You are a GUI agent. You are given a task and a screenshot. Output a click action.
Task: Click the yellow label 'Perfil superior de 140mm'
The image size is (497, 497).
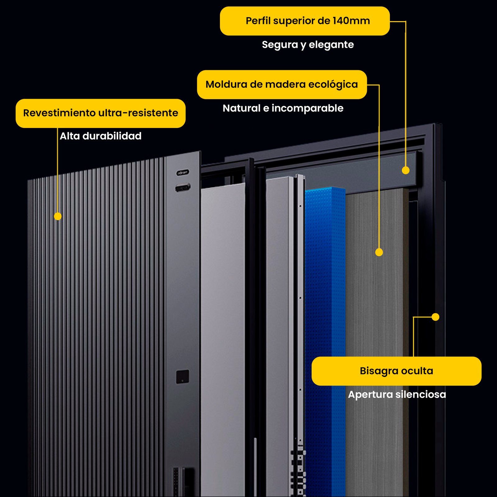(x=304, y=21)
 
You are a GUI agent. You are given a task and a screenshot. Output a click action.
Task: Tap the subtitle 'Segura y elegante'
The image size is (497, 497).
(x=308, y=44)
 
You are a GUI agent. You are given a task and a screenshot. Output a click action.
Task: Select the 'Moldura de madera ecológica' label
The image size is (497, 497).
(x=281, y=84)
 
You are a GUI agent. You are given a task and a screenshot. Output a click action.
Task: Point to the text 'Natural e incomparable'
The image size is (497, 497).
(x=283, y=108)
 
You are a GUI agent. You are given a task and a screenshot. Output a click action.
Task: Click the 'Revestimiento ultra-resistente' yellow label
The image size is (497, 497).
(x=100, y=113)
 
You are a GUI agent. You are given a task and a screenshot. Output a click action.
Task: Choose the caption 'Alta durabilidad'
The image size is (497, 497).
(x=100, y=136)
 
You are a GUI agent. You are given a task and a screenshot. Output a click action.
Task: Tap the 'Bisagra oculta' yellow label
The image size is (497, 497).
(x=396, y=371)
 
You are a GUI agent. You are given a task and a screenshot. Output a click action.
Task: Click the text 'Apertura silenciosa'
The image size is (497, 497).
(x=397, y=394)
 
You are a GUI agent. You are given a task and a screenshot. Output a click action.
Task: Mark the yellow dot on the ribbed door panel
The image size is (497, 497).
(x=58, y=216)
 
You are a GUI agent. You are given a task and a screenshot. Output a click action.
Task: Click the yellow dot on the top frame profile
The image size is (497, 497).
(x=406, y=170)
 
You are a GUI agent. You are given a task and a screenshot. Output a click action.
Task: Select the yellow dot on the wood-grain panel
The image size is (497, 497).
(x=379, y=252)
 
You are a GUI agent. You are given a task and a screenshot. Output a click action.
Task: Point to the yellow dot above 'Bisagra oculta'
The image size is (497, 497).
(x=435, y=317)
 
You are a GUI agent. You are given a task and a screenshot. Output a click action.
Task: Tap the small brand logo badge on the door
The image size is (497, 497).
(x=183, y=172)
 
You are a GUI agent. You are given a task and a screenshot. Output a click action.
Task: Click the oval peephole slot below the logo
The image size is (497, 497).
(x=183, y=188)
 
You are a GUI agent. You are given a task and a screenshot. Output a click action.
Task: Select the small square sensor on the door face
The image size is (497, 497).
(x=183, y=376)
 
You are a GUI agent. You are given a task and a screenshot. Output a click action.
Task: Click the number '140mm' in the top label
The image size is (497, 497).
(x=351, y=21)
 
